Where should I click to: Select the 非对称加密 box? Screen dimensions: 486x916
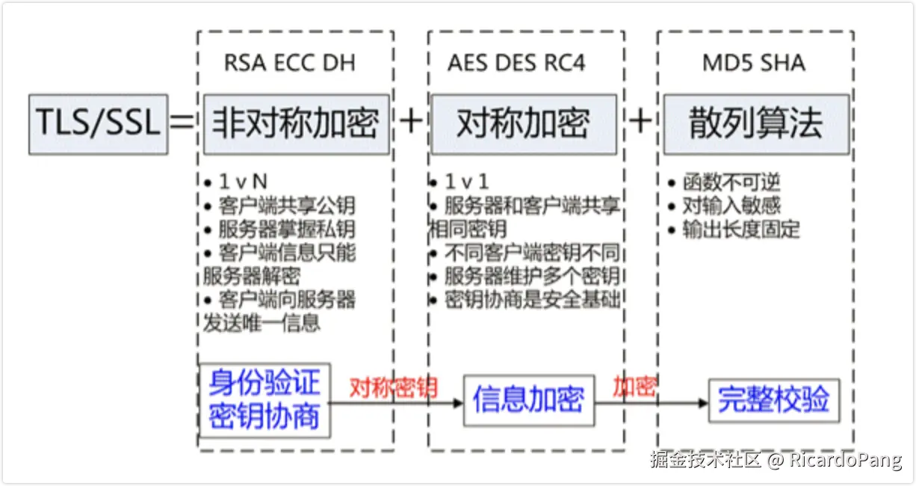click(x=296, y=123)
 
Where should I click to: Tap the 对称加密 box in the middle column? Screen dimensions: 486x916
click(x=523, y=123)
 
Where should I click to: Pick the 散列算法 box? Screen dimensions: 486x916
click(x=755, y=123)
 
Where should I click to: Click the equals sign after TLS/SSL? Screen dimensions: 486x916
click(x=182, y=122)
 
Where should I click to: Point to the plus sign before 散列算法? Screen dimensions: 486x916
click(x=640, y=121)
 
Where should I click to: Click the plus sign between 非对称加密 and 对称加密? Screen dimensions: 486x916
click(x=410, y=121)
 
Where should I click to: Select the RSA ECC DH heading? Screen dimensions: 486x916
click(x=289, y=63)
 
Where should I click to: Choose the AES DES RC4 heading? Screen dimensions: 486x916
click(x=516, y=63)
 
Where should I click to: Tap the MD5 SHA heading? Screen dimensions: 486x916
click(x=754, y=63)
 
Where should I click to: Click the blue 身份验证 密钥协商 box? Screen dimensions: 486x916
click(x=264, y=400)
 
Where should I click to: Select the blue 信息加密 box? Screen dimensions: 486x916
click(x=528, y=400)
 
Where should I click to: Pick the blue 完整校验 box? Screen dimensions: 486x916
click(x=773, y=400)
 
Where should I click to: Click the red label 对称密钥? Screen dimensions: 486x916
click(x=393, y=387)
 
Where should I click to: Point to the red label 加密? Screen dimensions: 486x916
click(x=634, y=387)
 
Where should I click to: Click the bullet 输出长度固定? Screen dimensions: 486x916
click(x=740, y=230)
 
